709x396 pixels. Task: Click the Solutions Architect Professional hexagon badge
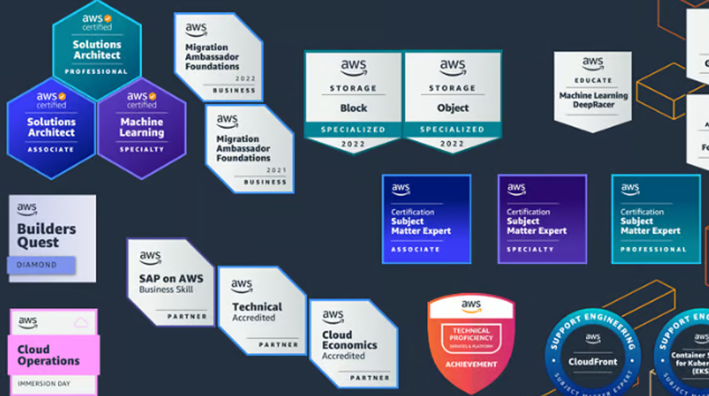tap(97, 44)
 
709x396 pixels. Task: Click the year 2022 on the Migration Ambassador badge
tap(246, 78)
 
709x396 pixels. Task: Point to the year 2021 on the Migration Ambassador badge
tap(277, 170)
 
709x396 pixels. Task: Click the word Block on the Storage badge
tap(353, 107)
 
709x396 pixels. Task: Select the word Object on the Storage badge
tap(453, 107)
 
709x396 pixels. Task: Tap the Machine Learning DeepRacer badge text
tap(593, 100)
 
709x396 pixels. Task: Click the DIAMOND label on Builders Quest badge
tap(37, 264)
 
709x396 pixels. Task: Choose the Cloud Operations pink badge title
tap(48, 355)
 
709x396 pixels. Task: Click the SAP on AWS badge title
tap(171, 278)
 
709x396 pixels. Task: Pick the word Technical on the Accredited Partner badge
tap(257, 306)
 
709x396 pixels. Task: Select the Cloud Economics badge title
tap(349, 339)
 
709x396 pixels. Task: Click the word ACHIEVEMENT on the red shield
tap(471, 364)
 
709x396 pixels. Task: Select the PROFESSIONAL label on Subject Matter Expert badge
tap(653, 249)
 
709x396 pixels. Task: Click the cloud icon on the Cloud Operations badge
tap(81, 322)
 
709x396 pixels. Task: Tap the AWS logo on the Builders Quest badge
tap(27, 209)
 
